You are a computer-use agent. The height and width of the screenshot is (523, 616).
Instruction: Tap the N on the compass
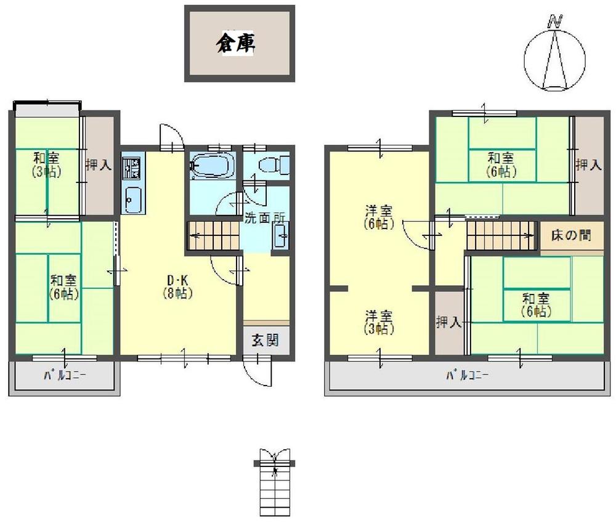coord(556,21)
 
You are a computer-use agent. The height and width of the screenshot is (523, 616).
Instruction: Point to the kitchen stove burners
coord(132,167)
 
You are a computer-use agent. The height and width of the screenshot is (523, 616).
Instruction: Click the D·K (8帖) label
coord(176,286)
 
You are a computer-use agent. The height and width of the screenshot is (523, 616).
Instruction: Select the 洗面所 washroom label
coord(265,217)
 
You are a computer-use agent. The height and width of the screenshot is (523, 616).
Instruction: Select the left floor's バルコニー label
coord(64,375)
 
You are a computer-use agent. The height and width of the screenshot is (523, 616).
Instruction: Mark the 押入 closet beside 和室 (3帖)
coord(99,164)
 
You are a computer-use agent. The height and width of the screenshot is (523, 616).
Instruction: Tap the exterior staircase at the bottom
coord(274,484)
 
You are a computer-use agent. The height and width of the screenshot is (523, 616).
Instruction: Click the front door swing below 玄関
coord(257,370)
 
